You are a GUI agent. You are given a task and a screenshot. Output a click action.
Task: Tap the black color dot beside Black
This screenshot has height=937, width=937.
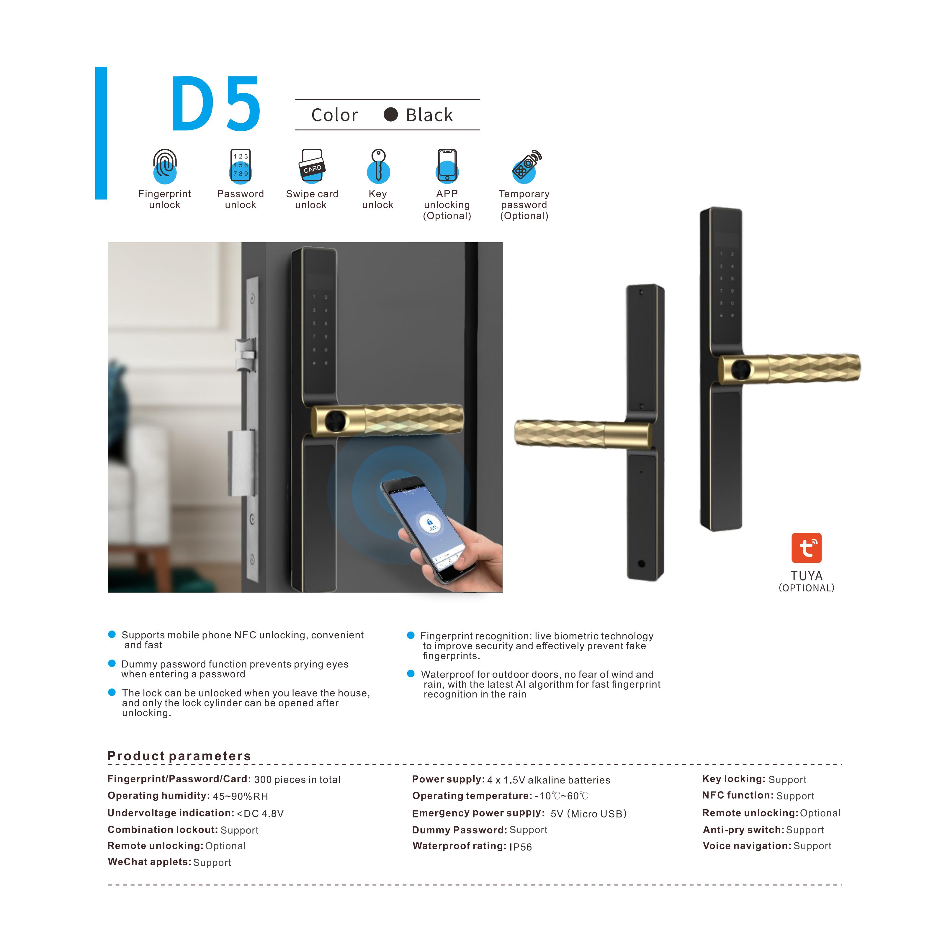(390, 115)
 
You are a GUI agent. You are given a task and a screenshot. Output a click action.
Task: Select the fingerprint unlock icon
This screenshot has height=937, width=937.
(165, 166)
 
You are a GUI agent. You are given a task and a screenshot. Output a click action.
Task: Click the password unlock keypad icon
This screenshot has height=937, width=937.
(241, 166)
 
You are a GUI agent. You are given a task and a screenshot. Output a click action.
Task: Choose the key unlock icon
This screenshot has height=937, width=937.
(378, 166)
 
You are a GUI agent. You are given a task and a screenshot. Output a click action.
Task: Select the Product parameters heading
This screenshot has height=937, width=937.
(179, 756)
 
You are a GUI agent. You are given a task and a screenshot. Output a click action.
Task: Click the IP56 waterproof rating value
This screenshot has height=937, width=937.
(520, 847)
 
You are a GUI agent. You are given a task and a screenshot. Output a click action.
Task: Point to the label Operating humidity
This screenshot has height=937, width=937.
(158, 795)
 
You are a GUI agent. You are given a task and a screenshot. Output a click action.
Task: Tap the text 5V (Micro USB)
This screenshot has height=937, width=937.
(588, 813)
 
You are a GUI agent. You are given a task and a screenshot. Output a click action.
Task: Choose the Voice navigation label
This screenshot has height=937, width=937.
(747, 846)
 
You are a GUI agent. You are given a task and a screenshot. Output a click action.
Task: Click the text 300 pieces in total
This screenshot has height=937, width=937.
(297, 779)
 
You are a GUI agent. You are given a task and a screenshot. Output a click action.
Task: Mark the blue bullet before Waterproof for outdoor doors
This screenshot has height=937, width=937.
(411, 674)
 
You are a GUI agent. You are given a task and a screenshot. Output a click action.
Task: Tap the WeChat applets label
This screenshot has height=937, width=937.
(149, 862)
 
